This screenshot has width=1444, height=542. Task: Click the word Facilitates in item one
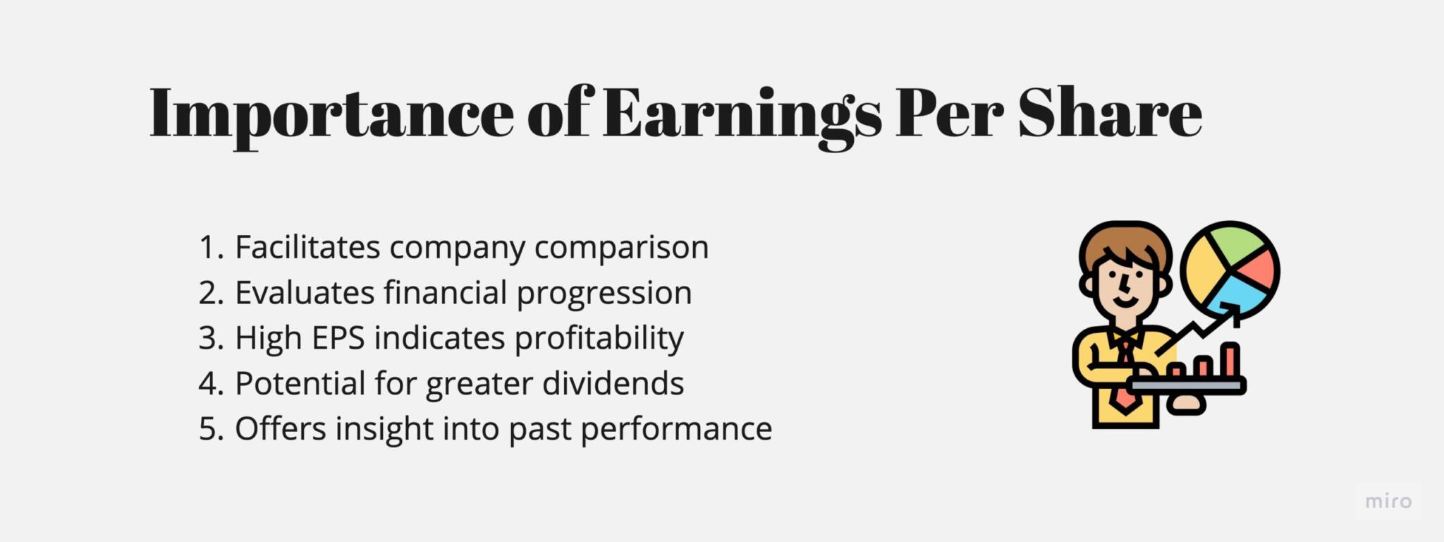[307, 247]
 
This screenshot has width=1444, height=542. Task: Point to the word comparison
[621, 247]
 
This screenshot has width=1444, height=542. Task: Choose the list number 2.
[210, 293]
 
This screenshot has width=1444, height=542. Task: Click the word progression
[604, 293]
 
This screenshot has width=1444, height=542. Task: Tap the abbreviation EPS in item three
[338, 338]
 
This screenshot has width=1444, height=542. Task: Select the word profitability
[599, 338]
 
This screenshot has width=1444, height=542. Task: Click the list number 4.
[210, 383]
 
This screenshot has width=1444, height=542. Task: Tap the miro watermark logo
[1388, 502]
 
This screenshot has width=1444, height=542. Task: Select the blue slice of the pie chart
[1237, 293]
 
